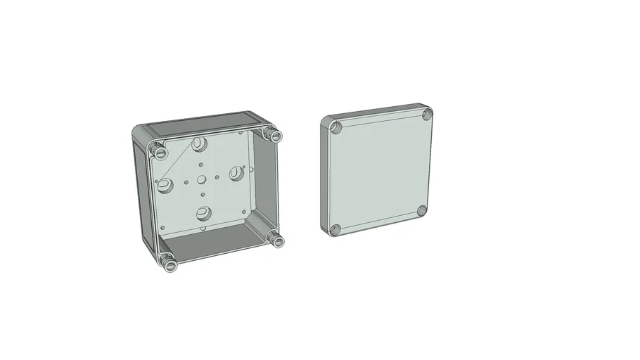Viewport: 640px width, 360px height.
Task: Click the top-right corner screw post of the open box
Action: point(274,135)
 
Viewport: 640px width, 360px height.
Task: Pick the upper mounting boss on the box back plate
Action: point(200,146)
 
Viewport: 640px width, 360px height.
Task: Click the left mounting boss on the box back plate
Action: point(166,186)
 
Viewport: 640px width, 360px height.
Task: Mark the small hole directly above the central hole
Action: point(201,164)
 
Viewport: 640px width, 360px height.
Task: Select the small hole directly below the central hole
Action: point(203,194)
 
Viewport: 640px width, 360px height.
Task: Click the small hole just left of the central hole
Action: point(186,181)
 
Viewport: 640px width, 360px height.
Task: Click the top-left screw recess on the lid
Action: point(336,128)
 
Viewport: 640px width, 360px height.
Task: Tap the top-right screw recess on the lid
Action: point(426,115)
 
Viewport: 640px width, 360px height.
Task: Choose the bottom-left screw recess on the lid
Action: point(336,229)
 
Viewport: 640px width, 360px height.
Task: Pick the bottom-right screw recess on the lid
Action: point(421,211)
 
